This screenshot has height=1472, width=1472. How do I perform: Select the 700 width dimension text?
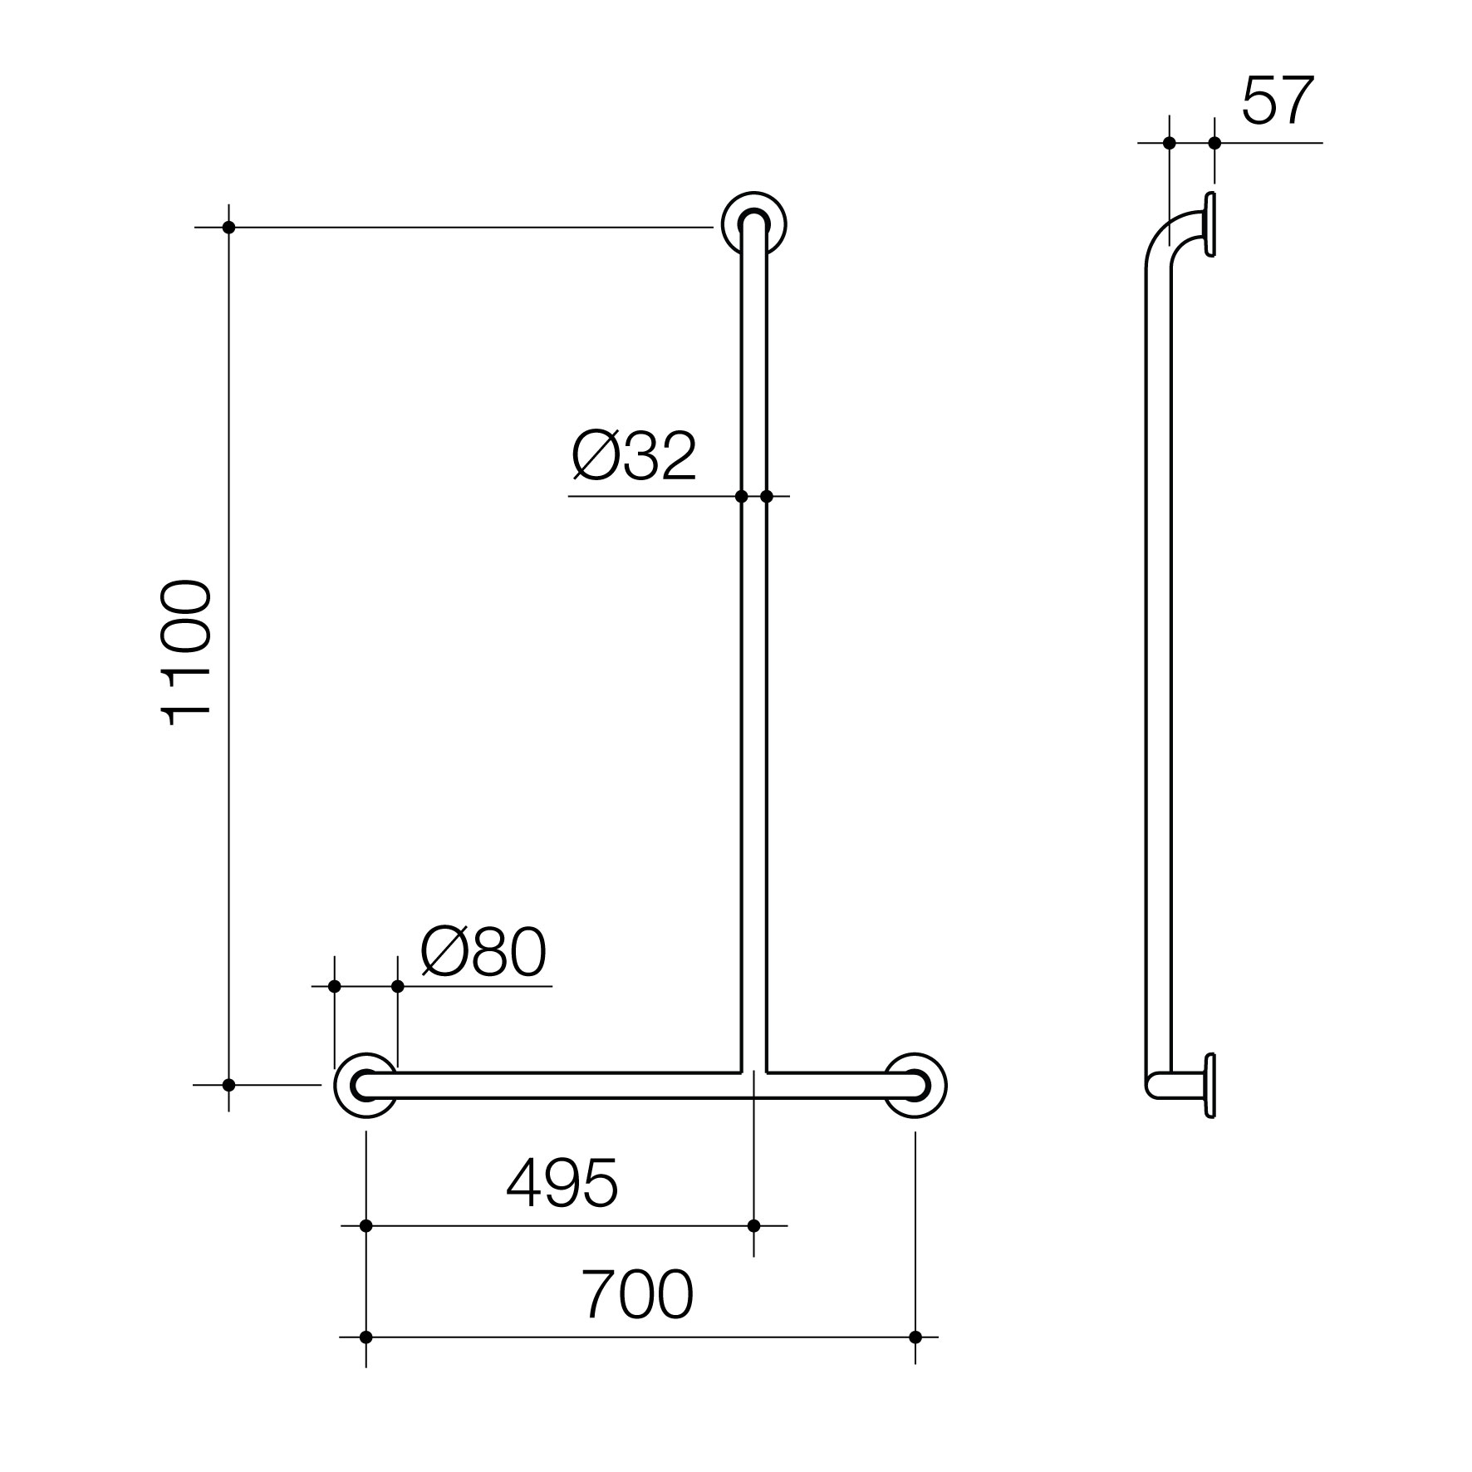pyautogui.click(x=636, y=1294)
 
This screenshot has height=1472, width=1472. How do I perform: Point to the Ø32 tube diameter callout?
pyautogui.click(x=635, y=456)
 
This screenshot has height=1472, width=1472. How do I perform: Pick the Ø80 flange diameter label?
pyautogui.click(x=484, y=952)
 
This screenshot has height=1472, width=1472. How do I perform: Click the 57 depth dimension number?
pyautogui.click(x=1278, y=101)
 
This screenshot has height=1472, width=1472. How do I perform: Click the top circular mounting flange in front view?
pyautogui.click(x=753, y=224)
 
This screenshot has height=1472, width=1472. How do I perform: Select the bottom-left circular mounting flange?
pyautogui.click(x=366, y=1085)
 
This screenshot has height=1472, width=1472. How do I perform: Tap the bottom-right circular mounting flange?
pyautogui.click(x=915, y=1085)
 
